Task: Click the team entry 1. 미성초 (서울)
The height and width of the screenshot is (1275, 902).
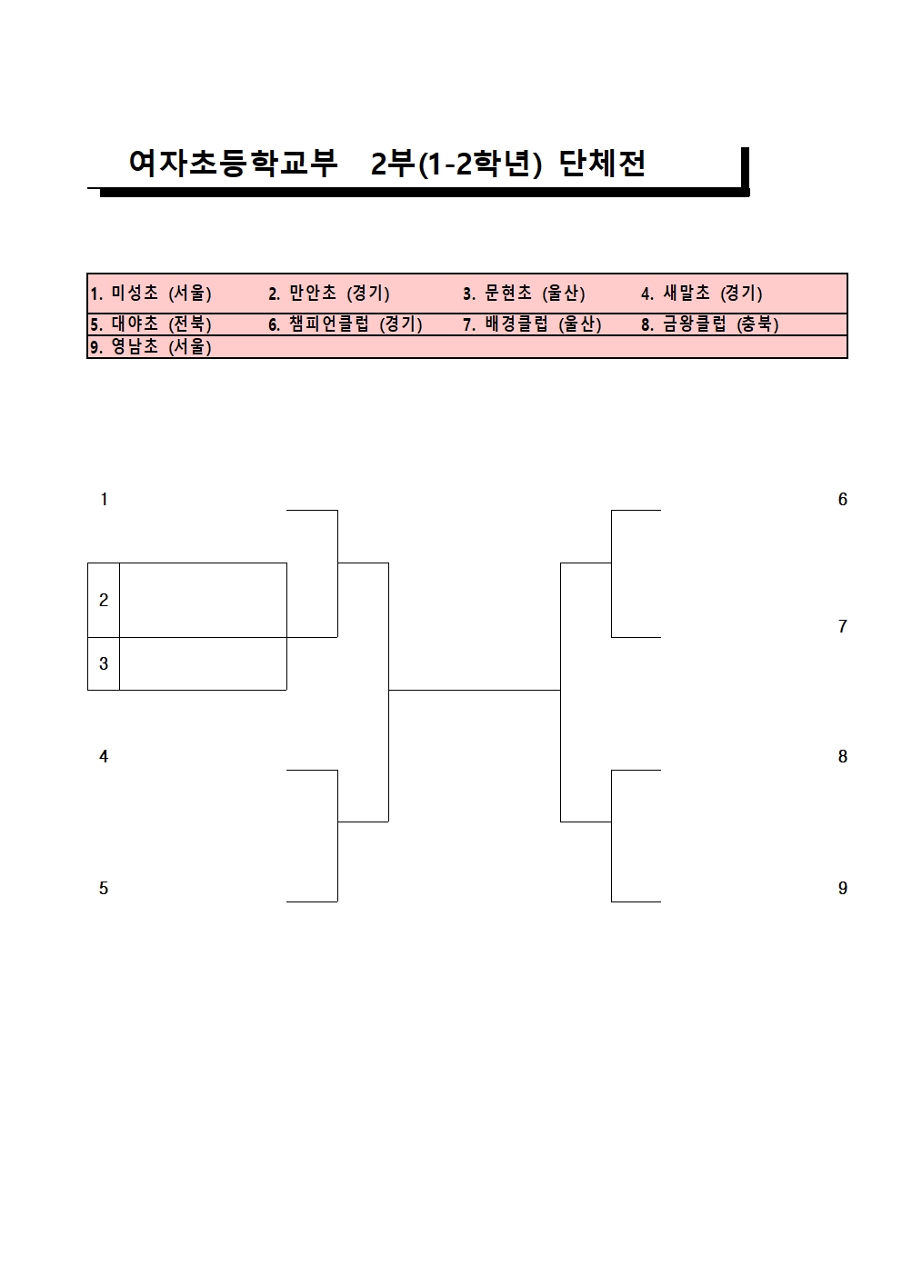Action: click(151, 294)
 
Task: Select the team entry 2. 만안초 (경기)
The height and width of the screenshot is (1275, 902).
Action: click(328, 294)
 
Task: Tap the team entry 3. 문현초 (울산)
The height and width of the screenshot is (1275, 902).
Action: click(524, 294)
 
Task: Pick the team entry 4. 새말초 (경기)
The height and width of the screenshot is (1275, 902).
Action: click(701, 294)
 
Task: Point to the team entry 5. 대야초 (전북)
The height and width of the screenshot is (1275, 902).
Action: click(151, 324)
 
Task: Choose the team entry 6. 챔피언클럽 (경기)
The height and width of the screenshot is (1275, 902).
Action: click(345, 324)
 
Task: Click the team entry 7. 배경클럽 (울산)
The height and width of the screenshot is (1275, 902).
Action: click(532, 324)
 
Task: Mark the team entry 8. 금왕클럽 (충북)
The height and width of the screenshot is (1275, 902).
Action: click(709, 324)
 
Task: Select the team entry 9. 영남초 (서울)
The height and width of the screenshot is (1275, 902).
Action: click(151, 346)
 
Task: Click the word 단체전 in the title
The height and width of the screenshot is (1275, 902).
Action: click(602, 164)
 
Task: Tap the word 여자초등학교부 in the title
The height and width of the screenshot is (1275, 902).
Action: click(233, 164)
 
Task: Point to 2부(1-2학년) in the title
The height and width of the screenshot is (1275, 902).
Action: click(456, 164)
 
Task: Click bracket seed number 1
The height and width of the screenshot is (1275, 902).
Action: click(104, 499)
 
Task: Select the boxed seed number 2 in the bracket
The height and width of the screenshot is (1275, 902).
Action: click(104, 600)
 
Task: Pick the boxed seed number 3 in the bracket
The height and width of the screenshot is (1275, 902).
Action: click(104, 663)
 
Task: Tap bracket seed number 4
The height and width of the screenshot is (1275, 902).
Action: click(104, 756)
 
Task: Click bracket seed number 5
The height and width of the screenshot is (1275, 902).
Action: click(104, 888)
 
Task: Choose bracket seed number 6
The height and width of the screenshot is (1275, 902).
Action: click(842, 499)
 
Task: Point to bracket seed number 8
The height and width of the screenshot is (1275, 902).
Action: click(842, 756)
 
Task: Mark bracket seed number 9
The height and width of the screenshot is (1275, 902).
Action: click(842, 888)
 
